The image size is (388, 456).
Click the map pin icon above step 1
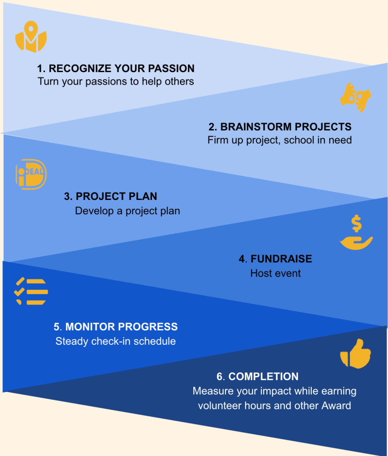31,37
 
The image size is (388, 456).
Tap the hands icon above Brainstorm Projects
355,98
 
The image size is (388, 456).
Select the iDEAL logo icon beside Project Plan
31,174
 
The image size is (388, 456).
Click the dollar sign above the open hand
356,224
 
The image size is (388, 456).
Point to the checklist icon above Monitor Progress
31,291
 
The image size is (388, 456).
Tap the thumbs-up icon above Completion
355,354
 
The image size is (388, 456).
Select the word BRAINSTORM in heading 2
256,127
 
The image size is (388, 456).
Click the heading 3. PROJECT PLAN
110,196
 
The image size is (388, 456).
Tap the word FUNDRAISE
281,259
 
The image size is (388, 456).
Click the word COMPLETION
264,377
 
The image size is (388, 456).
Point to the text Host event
275,273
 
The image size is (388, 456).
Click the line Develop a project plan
127,211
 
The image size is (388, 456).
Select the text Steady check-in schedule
115,342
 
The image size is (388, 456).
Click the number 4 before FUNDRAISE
242,259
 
